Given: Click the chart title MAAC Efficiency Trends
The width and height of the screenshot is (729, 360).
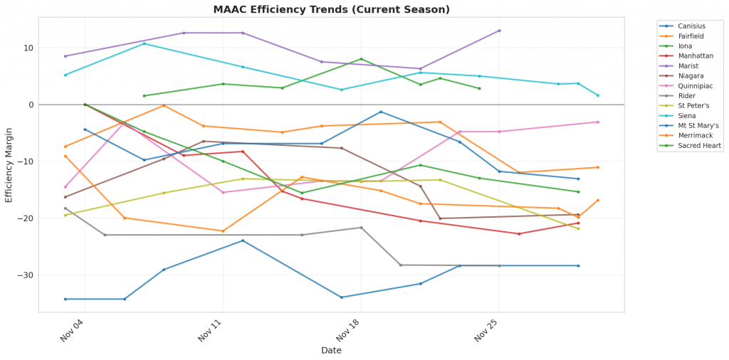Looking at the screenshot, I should pyautogui.click(x=332, y=10).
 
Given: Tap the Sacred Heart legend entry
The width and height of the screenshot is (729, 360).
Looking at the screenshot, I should pyautogui.click(x=700, y=145).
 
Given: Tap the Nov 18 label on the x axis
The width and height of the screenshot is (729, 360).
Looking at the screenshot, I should pyautogui.click(x=349, y=330).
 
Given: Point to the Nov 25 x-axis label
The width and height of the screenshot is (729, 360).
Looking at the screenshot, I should pyautogui.click(x=487, y=330).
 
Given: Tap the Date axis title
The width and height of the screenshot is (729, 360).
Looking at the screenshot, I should pyautogui.click(x=331, y=350).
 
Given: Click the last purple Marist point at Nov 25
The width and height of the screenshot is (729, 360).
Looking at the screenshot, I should pyautogui.click(x=499, y=31).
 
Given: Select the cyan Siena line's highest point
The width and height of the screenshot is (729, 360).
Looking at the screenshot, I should pyautogui.click(x=145, y=43).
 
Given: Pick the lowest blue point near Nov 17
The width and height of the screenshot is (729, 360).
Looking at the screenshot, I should pyautogui.click(x=342, y=297).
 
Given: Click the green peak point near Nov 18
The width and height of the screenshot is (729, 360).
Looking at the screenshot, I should pyautogui.click(x=361, y=59).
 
